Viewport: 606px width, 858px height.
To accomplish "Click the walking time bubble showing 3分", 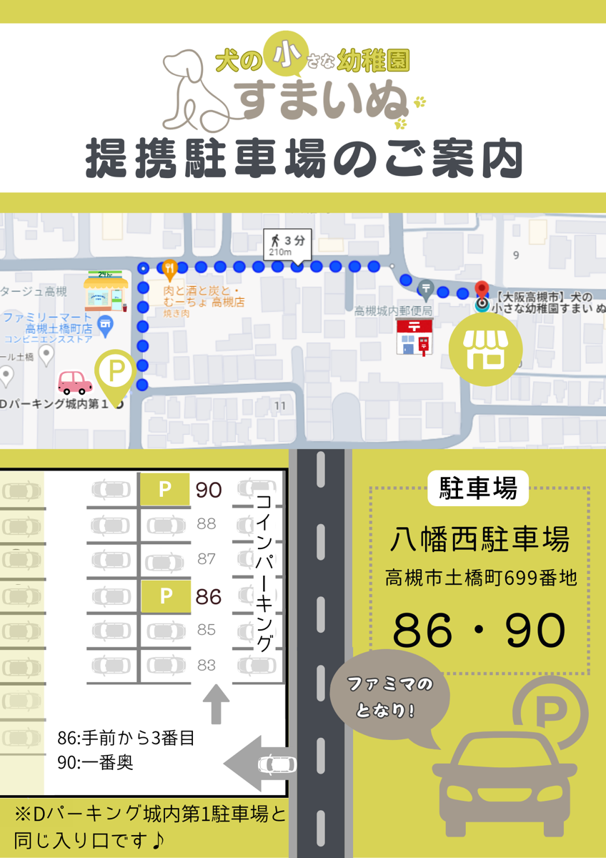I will click(x=287, y=244).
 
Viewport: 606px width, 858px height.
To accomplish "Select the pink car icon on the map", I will click(x=74, y=383).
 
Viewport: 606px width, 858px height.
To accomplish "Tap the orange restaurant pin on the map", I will click(x=169, y=270).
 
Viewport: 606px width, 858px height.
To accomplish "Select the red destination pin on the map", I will click(x=482, y=290).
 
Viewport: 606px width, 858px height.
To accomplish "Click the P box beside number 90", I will click(x=164, y=490).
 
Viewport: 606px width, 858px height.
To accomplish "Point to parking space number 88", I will click(x=206, y=524).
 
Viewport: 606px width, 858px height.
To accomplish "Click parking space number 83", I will click(x=206, y=665).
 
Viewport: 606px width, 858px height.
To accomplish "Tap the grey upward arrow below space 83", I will click(x=216, y=704).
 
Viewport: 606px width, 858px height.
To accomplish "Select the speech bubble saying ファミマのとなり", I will click(x=391, y=696).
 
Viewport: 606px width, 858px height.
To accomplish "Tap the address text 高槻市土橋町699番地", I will click(x=480, y=578).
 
